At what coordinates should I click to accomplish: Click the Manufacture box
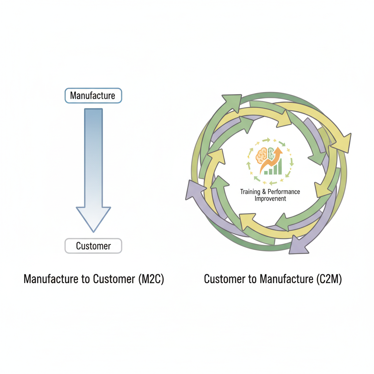coord(93,96)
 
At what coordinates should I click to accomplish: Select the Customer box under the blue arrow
coord(93,246)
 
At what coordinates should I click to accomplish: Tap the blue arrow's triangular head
coord(93,217)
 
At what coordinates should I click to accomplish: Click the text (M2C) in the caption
coord(151,279)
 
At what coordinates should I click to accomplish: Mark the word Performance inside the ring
coord(284,192)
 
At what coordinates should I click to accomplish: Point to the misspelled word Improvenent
coord(270,199)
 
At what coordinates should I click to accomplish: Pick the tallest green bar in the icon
coord(280,167)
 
